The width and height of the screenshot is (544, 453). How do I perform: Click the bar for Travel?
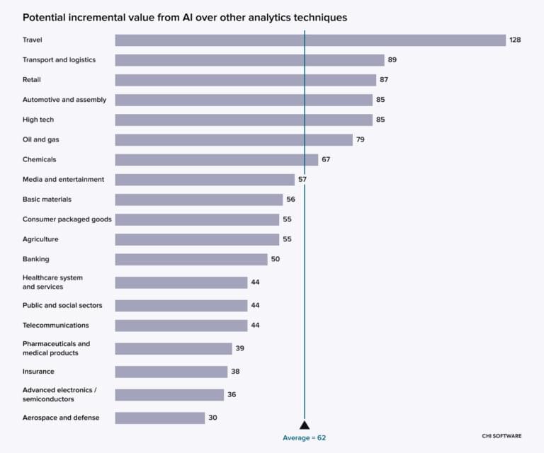[310, 40]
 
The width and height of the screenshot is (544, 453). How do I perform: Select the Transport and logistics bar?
[249, 60]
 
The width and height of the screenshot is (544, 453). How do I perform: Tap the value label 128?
[515, 40]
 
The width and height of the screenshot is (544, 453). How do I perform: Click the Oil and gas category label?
[41, 139]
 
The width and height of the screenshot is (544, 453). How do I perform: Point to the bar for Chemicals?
[216, 159]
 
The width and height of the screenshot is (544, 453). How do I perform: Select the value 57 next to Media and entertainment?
[302, 179]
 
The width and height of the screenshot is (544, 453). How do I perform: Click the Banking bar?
[191, 259]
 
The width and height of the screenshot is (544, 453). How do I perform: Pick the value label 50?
[276, 259]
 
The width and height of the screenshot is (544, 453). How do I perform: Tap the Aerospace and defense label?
[61, 418]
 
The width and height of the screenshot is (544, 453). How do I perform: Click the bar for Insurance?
[171, 372]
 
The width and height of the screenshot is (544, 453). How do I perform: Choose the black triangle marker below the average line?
[305, 425]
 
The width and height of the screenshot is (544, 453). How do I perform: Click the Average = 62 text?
[305, 438]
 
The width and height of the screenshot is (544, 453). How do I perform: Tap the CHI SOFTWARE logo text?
[501, 436]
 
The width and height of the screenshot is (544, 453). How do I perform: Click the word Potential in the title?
[43, 17]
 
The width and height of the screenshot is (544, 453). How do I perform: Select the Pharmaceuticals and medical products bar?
[174, 348]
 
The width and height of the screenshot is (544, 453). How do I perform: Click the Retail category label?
[33, 80]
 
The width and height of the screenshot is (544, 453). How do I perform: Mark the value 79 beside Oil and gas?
[361, 139]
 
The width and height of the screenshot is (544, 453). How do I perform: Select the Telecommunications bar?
[181, 326]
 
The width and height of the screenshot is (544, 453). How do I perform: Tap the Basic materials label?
[47, 200]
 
